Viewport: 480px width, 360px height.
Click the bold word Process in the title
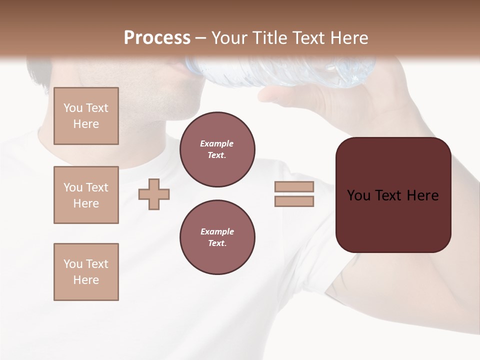point(157,37)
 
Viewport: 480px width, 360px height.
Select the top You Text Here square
point(86,116)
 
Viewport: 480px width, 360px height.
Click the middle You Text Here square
point(86,195)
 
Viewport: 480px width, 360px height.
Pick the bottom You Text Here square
point(86,271)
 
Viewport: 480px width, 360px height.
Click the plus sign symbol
point(154,194)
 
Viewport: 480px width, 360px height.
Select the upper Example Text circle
point(217,149)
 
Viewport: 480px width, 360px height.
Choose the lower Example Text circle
point(217,237)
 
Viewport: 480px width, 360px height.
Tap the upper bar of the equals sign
point(294,186)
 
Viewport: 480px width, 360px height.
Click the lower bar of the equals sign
point(294,201)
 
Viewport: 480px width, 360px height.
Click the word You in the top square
point(73,108)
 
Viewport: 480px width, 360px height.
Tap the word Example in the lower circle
point(217,231)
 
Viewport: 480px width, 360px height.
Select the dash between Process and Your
point(201,38)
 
